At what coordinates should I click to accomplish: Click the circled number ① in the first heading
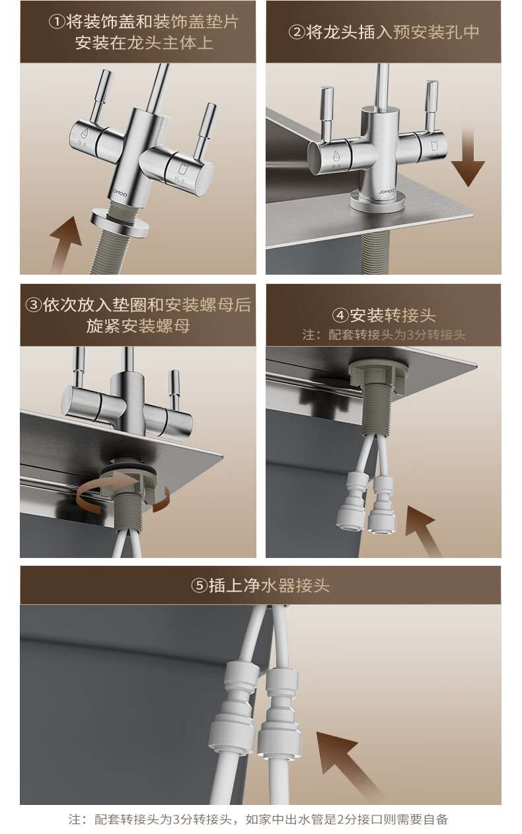pyautogui.click(x=57, y=22)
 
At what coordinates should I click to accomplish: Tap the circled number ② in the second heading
pyautogui.click(x=297, y=32)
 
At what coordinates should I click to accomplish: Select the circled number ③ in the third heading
pyautogui.click(x=34, y=305)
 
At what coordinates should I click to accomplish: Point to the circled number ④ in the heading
pyautogui.click(x=340, y=316)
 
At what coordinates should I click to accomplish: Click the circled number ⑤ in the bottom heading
pyautogui.click(x=200, y=585)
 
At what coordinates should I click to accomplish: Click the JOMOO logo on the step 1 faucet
pyautogui.click(x=120, y=193)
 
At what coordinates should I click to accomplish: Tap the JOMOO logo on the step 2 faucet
pyautogui.click(x=386, y=191)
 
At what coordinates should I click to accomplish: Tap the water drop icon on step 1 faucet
pyautogui.click(x=84, y=133)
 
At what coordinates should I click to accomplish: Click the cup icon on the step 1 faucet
pyautogui.click(x=182, y=168)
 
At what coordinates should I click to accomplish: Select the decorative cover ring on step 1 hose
pyautogui.click(x=120, y=223)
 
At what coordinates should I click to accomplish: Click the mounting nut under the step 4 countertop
pyautogui.click(x=377, y=375)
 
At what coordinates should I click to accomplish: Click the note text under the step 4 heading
pyautogui.click(x=384, y=335)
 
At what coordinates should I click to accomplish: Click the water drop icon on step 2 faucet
pyautogui.click(x=336, y=156)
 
